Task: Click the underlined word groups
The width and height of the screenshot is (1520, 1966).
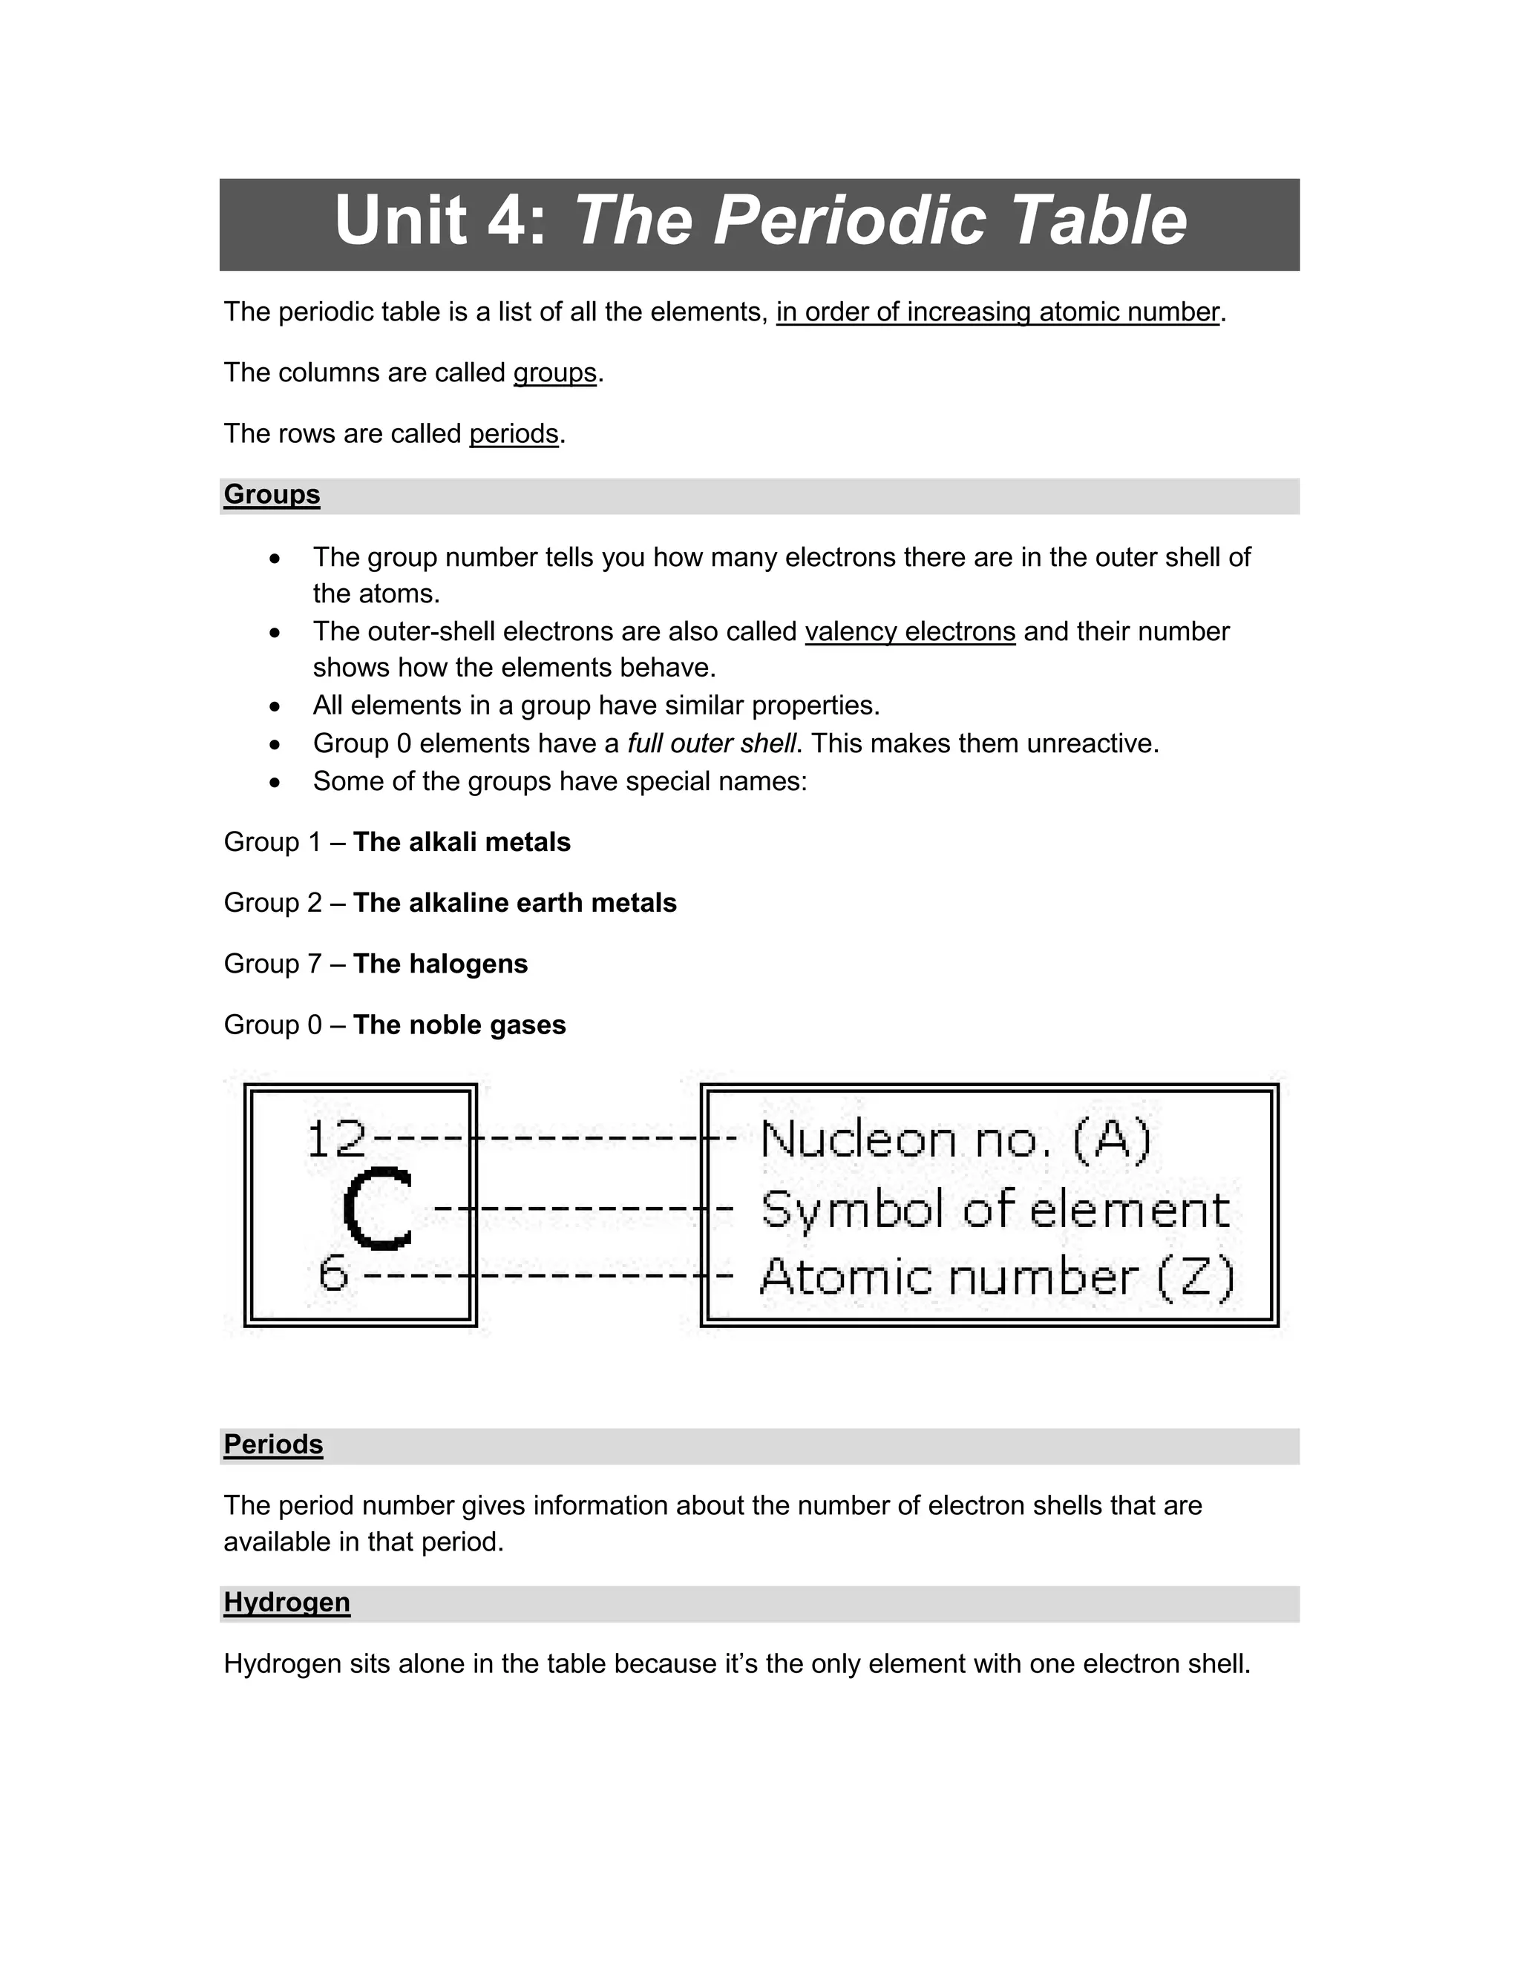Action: (x=554, y=372)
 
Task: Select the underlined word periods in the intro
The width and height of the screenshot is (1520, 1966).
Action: (x=514, y=434)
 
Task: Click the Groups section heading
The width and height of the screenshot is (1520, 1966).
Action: (x=272, y=494)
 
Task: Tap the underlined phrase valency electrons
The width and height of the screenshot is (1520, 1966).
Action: (x=909, y=632)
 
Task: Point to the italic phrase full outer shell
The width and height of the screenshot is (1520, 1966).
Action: (x=711, y=743)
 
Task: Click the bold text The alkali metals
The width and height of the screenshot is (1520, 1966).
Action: (x=462, y=843)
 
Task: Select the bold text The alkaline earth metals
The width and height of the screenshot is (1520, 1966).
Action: (x=514, y=903)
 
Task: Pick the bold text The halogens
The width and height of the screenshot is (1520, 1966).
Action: (x=440, y=964)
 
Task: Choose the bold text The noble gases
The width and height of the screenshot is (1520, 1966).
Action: (x=459, y=1025)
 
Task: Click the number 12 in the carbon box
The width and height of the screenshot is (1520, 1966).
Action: (x=336, y=1140)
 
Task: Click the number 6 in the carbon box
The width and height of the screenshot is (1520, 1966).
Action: (x=333, y=1274)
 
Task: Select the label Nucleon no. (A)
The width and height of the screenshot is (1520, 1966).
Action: (x=955, y=1140)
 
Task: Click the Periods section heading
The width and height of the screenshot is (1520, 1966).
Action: (x=273, y=1444)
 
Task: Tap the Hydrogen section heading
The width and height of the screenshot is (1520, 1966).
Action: (x=286, y=1602)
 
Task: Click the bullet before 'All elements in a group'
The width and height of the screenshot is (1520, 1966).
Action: (x=275, y=706)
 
